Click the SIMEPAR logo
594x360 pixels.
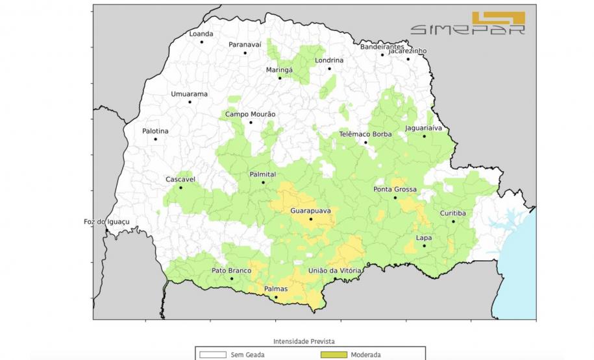point(467,23)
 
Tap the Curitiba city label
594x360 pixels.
point(452,213)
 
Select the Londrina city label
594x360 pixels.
point(329,60)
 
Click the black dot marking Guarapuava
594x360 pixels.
point(311,219)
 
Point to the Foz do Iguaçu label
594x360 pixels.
point(107,222)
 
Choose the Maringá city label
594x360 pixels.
point(279,69)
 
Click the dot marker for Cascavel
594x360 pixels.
point(181,188)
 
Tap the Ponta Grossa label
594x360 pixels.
point(395,189)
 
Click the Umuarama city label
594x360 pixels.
point(189,94)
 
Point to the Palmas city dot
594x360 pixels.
point(276,298)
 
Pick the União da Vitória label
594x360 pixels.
point(334,270)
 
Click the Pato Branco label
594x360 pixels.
point(231,270)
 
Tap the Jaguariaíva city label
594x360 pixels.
point(423,128)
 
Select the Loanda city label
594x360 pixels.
point(201,34)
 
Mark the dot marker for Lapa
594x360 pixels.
point(424,246)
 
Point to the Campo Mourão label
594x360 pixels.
point(250,114)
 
